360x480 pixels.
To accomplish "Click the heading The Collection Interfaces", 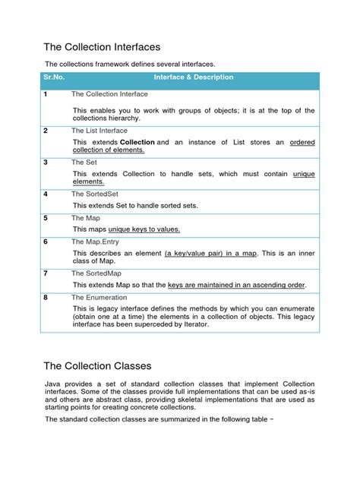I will [102, 47].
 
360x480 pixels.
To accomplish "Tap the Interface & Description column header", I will [194, 77].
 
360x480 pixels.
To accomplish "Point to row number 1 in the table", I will [46, 94].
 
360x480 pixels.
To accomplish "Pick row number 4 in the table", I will [46, 194].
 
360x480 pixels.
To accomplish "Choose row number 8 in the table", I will [46, 298].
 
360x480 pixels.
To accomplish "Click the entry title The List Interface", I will [99, 131].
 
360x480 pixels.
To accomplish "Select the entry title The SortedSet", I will [94, 194].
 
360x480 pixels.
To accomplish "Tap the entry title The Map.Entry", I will [96, 242].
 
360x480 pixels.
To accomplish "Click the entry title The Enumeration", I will [99, 298].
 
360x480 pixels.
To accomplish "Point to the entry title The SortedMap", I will [96, 273].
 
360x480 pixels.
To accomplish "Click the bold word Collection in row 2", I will [137, 142].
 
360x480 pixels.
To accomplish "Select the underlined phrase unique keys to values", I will [144, 229].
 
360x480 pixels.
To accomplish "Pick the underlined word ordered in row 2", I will [303, 142].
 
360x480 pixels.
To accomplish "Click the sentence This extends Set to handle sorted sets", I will [135, 206].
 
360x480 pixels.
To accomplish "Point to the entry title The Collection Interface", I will [109, 94].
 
